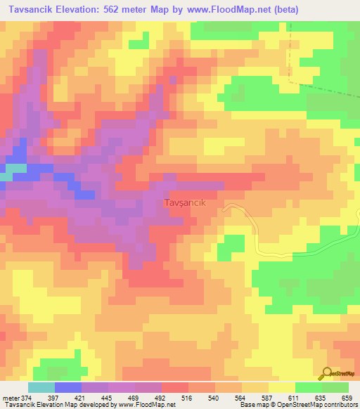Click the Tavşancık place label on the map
pyautogui.click(x=184, y=202)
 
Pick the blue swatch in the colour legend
pyautogui.click(x=67, y=387)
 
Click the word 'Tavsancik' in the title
pyautogui.click(x=32, y=10)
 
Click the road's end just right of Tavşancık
pyautogui.click(x=225, y=207)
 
